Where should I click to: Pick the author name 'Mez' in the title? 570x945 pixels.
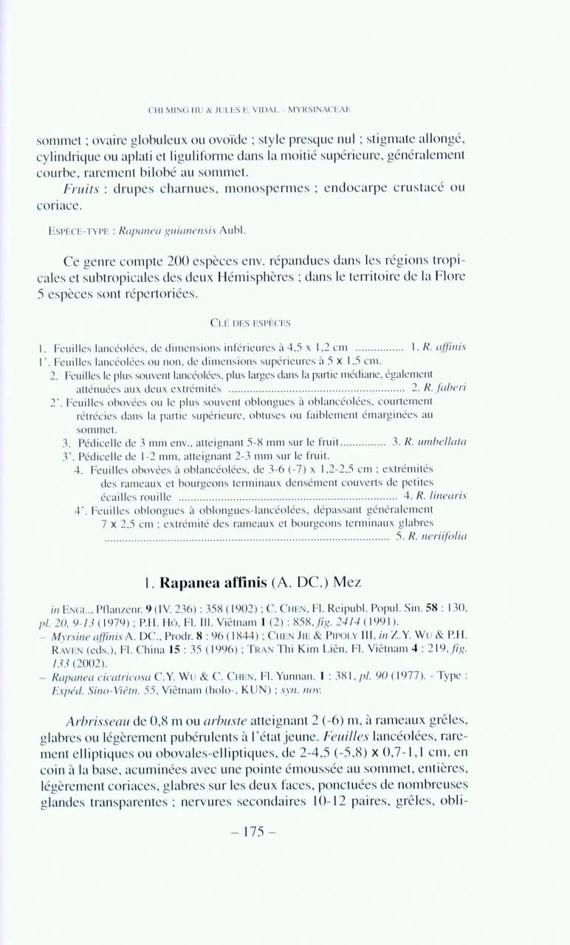point(346,583)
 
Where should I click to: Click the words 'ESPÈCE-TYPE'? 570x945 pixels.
point(69,231)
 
